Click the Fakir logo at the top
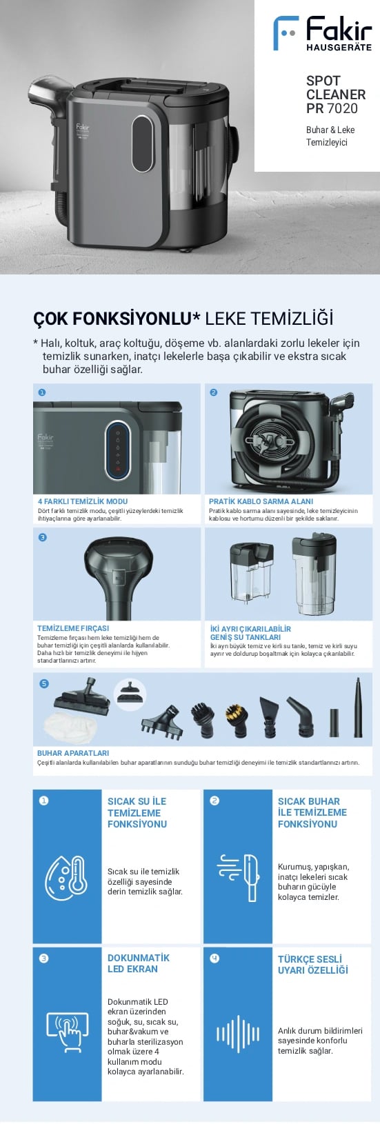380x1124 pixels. [x=322, y=33]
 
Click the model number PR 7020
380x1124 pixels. [x=332, y=108]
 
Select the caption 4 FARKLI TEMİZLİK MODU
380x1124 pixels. [x=83, y=501]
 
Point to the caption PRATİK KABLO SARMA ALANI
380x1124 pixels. [x=261, y=501]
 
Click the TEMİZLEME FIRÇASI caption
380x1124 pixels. [x=73, y=628]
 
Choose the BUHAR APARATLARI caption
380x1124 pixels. [x=73, y=753]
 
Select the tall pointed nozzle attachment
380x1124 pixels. [x=358, y=707]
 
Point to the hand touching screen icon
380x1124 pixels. [x=67, y=1032]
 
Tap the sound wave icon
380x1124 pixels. [x=238, y=1033]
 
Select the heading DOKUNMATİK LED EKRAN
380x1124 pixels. [x=139, y=963]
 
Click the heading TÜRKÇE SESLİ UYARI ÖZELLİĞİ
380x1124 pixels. [x=312, y=965]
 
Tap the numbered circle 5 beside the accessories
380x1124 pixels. [x=44, y=684]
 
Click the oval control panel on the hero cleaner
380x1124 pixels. [x=143, y=144]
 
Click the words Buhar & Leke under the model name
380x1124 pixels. [x=330, y=130]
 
